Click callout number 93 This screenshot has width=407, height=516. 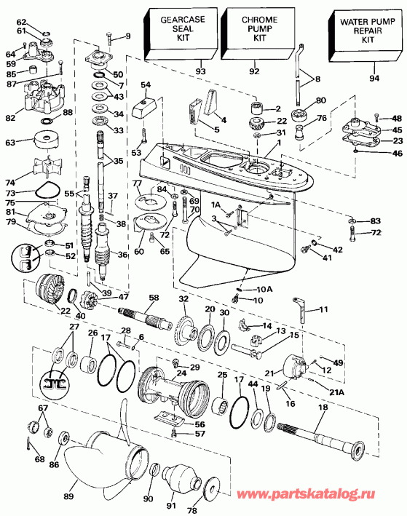coord(200,71)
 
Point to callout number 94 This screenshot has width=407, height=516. coord(374,78)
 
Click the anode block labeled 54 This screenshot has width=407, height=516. coord(145,107)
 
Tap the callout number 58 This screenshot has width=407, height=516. coord(154,298)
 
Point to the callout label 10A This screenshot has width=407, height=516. coord(264,289)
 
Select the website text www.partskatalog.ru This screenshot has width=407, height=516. coord(306,494)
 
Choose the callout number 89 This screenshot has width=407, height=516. coord(68,496)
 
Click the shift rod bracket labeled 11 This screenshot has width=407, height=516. coord(300,309)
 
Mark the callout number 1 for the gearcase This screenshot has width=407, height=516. coord(279,143)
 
